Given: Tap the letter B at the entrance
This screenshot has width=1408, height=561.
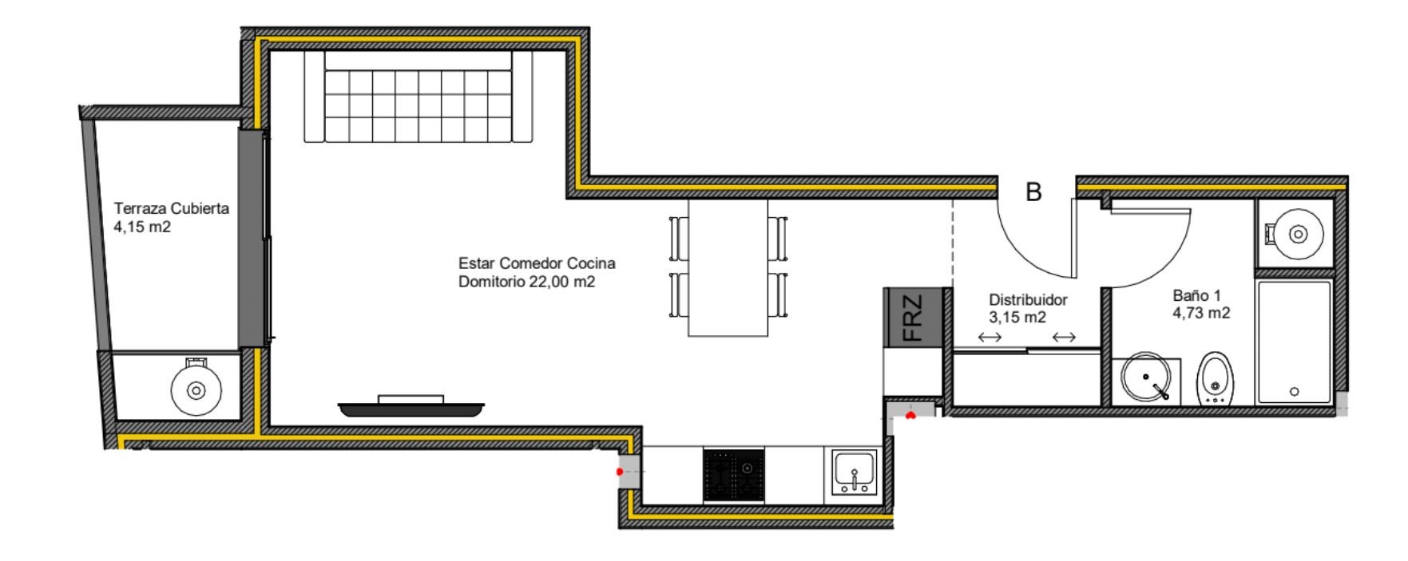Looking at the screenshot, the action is click(1033, 192).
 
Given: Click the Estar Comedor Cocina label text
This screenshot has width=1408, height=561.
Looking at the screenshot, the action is click(537, 263).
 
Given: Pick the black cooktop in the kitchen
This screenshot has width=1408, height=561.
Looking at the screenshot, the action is click(733, 475).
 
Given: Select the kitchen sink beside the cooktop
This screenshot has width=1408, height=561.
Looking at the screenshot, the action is click(855, 472).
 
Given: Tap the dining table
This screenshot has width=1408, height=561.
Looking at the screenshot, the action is click(728, 267).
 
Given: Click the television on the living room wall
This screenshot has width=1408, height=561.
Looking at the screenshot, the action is click(411, 407).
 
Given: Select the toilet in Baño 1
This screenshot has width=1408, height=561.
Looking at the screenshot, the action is click(1216, 378).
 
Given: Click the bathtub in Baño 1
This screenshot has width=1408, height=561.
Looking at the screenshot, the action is click(1295, 342).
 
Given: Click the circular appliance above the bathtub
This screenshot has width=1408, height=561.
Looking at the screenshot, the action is click(1297, 235).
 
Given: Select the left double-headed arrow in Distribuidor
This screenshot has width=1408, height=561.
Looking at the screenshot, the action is click(990, 338).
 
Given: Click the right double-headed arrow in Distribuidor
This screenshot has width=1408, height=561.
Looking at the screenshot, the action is click(1064, 338).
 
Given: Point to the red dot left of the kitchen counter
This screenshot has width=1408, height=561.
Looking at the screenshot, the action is click(620, 472).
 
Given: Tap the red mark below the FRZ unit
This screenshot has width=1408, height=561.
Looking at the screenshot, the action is click(910, 415).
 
